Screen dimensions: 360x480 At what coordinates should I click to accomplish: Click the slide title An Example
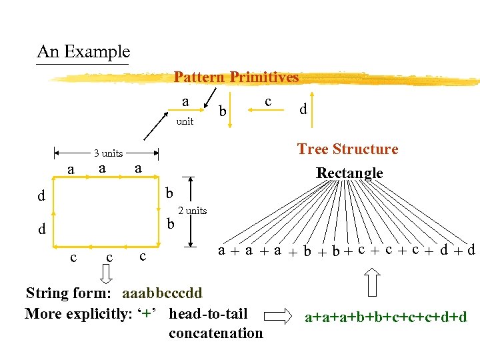coord(83,51)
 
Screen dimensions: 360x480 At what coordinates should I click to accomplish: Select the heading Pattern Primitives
coord(236,77)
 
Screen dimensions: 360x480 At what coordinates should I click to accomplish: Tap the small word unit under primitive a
coord(185,122)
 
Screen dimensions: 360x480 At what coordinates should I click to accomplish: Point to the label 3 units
coord(107,153)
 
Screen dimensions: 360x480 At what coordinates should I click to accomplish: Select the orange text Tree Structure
coord(347,149)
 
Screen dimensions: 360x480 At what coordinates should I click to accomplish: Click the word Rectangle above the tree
coord(349,173)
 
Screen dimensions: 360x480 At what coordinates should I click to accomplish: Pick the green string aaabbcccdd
coord(162,293)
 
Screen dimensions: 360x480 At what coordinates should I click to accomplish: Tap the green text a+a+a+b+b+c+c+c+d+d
coord(386,318)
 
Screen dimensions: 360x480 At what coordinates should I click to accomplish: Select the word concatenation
coord(215,333)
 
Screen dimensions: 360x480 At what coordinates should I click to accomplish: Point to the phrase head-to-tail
coord(208,313)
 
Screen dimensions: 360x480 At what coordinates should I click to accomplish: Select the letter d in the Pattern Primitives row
coord(303,109)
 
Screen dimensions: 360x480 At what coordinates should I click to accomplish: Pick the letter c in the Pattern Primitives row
coord(267,101)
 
